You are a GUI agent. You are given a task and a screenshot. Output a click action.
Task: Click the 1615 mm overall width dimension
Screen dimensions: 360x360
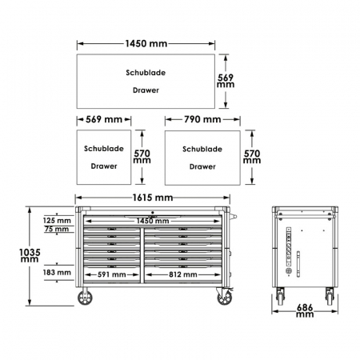click(153, 198)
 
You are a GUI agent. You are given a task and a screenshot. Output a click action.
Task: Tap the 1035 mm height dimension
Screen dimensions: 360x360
click(30, 255)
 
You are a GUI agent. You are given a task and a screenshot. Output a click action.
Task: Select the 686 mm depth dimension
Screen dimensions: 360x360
click(305, 310)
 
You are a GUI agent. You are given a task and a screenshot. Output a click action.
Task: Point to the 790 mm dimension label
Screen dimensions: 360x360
click(202, 119)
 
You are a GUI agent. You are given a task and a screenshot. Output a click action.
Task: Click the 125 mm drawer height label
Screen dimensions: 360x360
click(57, 221)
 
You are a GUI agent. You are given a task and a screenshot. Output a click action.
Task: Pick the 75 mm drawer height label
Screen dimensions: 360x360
click(57, 229)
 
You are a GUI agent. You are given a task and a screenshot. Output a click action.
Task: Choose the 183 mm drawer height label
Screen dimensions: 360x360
click(57, 272)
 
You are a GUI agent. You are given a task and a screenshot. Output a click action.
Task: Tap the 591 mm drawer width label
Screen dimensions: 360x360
click(112, 274)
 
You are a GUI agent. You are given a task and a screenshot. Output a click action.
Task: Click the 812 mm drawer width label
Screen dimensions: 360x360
click(183, 274)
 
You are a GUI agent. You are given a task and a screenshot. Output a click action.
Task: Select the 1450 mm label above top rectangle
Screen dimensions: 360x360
click(146, 43)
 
